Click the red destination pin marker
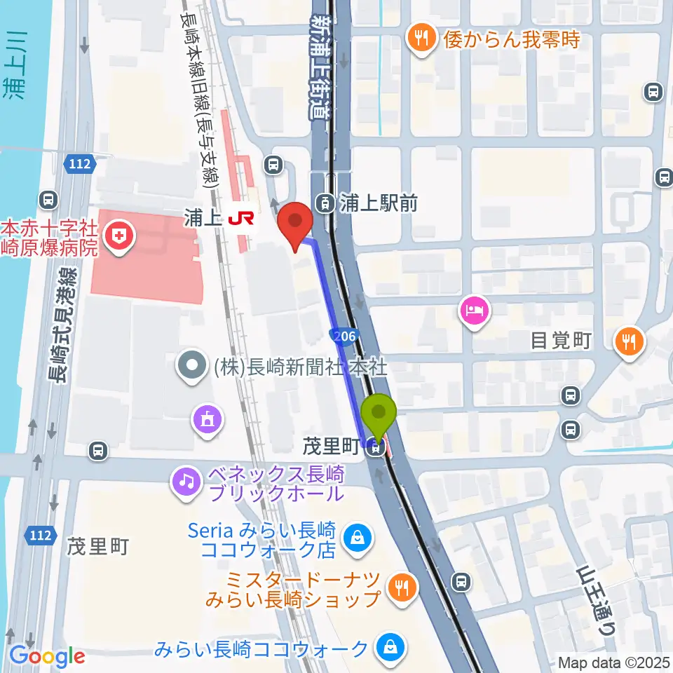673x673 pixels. click(295, 223)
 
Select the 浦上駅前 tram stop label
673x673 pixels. click(379, 204)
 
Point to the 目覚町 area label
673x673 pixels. click(561, 341)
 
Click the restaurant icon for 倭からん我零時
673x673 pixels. click(421, 38)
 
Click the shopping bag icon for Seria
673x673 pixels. click(357, 538)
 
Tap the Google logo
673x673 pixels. click(47, 657)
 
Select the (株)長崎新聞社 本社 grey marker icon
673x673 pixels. click(190, 367)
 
